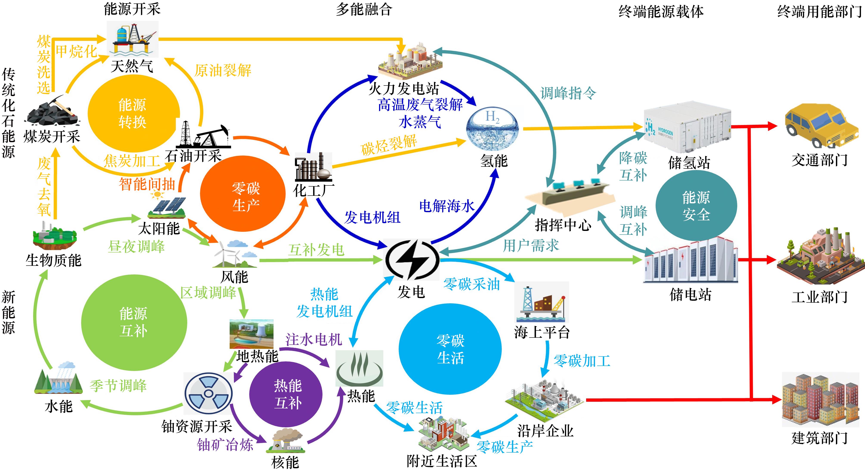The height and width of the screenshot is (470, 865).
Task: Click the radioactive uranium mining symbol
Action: [208, 394]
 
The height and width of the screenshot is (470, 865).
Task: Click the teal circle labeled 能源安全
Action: [696, 205]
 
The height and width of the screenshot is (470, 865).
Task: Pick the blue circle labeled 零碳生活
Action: [450, 349]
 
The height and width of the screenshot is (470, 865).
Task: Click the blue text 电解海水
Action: [447, 206]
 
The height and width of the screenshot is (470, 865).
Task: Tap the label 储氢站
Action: [689, 163]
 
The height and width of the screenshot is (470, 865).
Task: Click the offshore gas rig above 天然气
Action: [133, 39]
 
